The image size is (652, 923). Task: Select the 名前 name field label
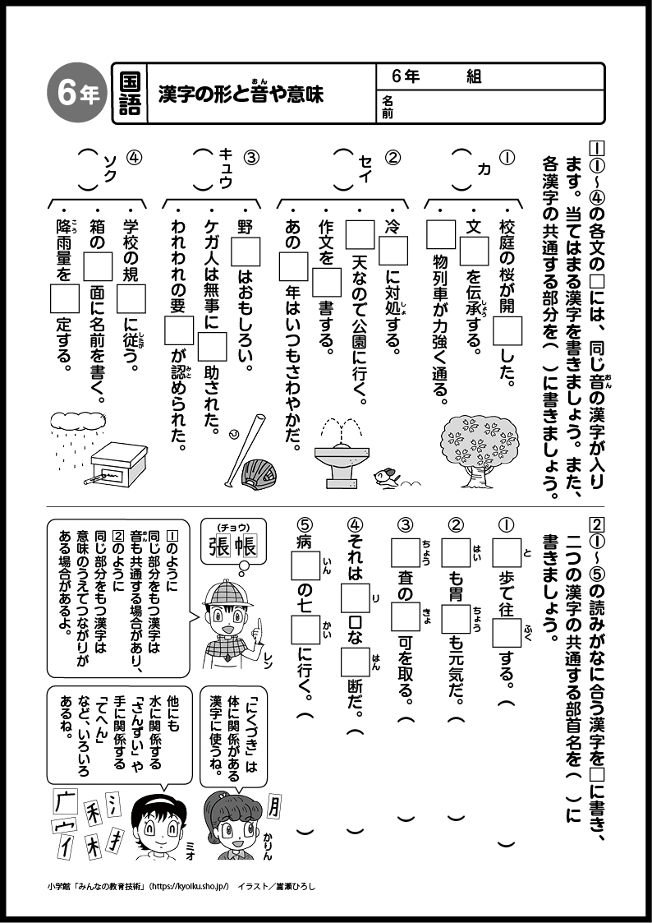coord(387,108)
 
